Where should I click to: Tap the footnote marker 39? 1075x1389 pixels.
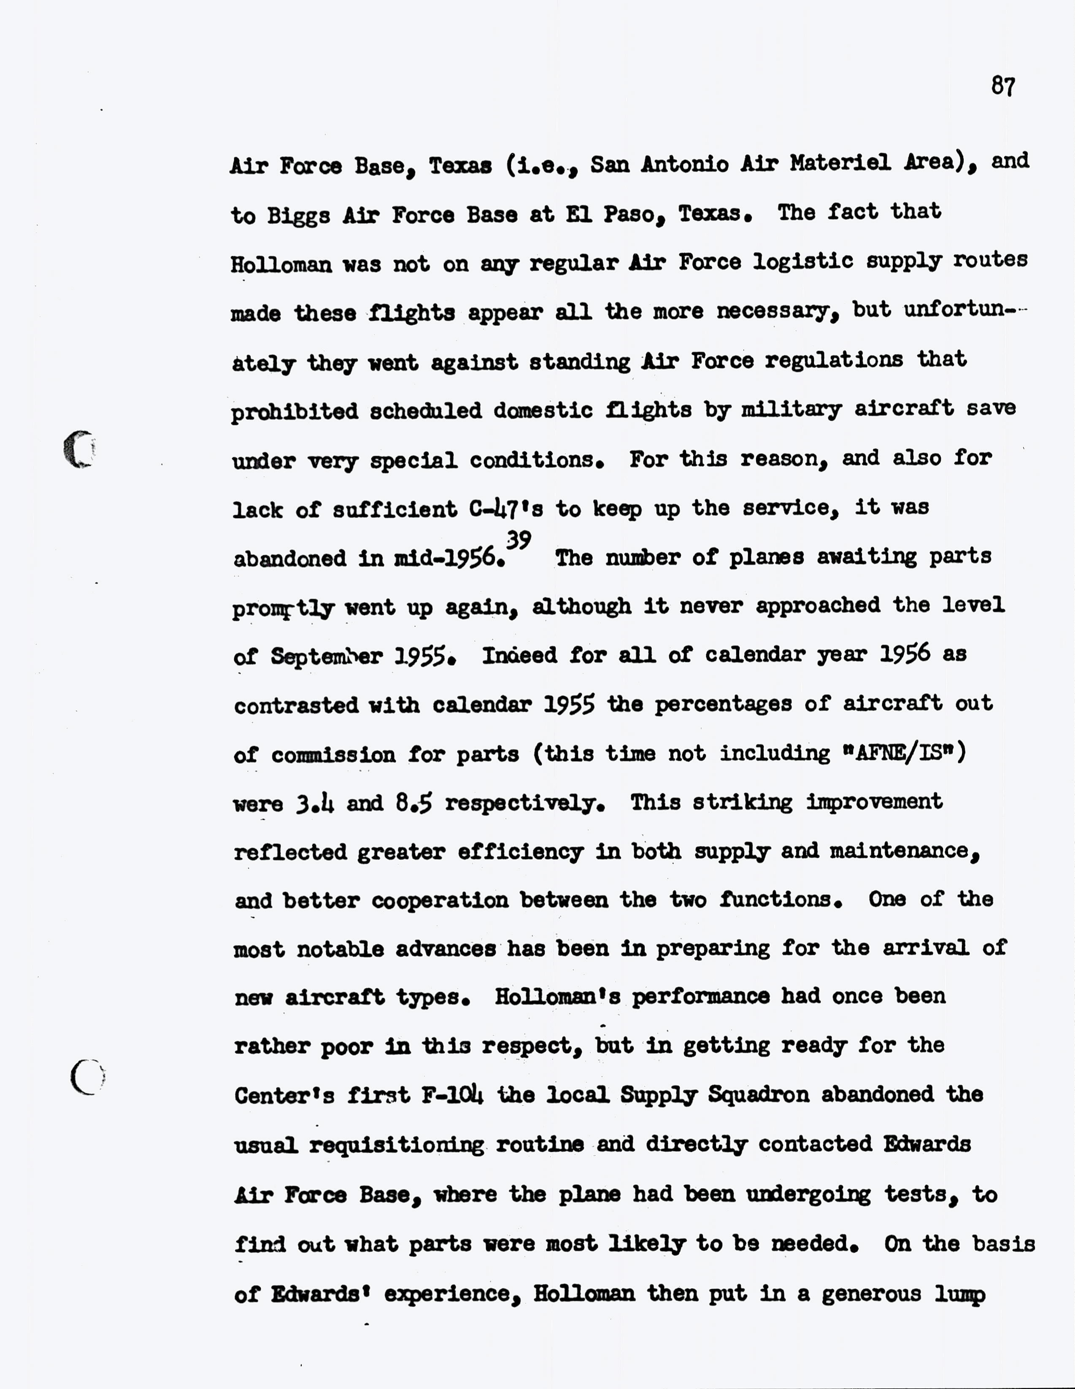[x=519, y=540]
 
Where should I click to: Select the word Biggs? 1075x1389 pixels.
[x=298, y=216]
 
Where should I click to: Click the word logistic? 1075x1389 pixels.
[x=803, y=262]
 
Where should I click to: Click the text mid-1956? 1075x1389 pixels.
[x=449, y=558]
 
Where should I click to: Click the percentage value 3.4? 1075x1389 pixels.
[x=315, y=805]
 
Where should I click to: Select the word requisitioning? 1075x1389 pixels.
[x=397, y=1145]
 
